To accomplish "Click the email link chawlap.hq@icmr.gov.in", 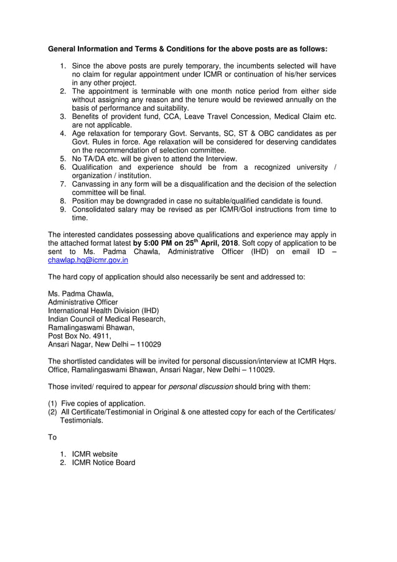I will point(88,261).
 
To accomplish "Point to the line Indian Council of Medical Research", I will point(106,319).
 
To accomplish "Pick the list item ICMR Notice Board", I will point(103,462).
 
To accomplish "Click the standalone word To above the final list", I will point(52,437).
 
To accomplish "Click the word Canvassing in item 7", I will point(93,184).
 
